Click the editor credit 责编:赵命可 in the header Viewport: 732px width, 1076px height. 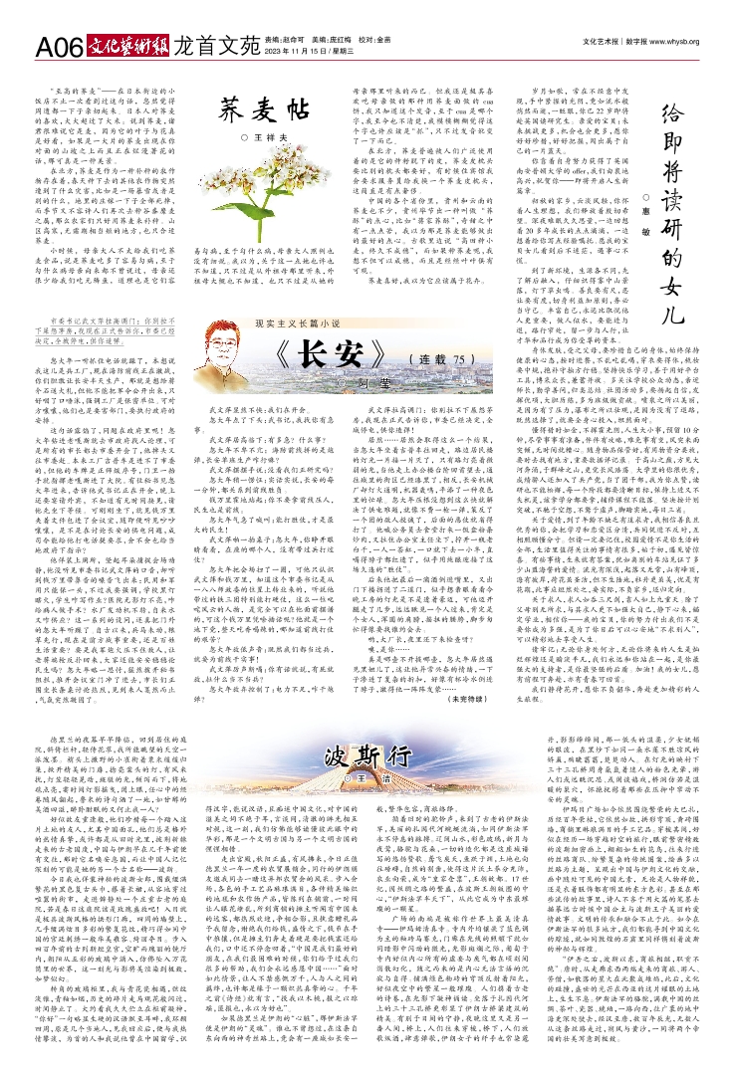tap(284, 40)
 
